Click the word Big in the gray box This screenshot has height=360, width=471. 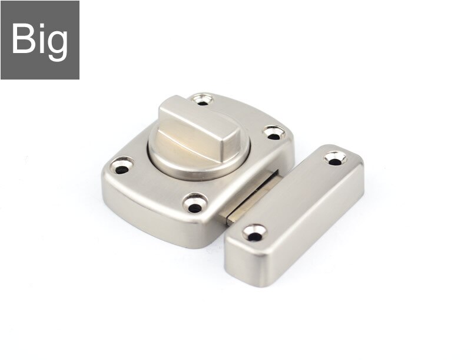(39, 39)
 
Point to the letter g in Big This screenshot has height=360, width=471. (57, 44)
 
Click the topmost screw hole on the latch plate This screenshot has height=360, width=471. (203, 100)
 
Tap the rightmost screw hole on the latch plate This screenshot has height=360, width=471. (272, 134)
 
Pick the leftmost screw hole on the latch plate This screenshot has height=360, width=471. (122, 167)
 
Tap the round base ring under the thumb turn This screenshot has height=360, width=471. (177, 162)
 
